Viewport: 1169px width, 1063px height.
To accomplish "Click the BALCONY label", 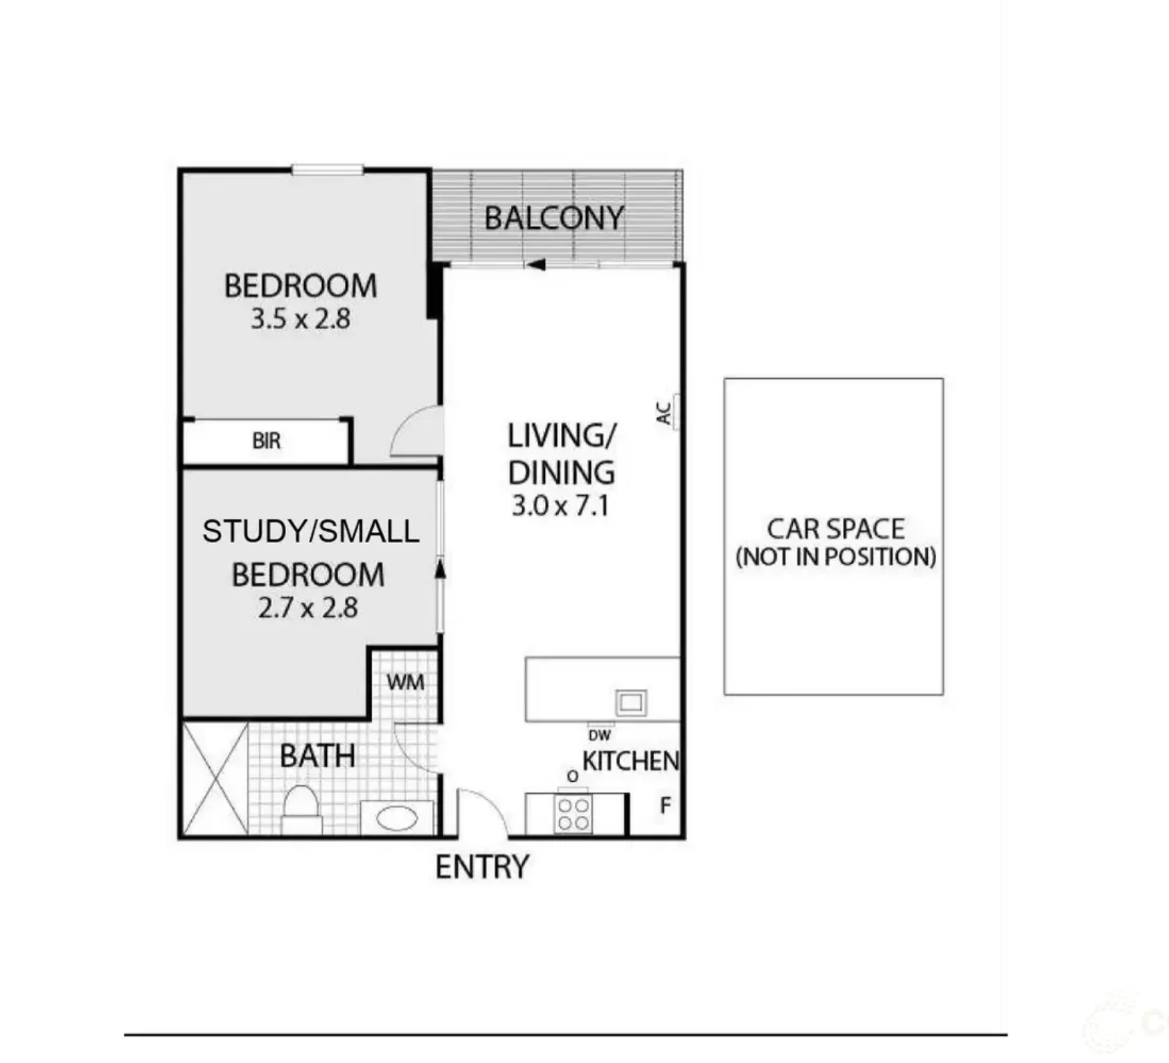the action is pos(554,218).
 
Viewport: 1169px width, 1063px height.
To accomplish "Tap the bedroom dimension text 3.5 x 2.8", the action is pos(301,319).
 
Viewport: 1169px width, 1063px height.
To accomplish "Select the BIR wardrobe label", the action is pos(267,440).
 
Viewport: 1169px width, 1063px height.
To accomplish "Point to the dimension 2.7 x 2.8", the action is pos(308,608).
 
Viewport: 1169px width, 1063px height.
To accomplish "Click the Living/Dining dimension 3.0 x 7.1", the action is pos(560,506).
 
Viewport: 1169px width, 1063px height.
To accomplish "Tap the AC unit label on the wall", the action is pos(663,413).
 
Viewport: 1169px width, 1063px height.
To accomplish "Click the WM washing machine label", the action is pos(405,682).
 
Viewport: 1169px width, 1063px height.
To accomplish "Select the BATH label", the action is pos(317,756).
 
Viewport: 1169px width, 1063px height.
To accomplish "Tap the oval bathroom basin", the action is pos(397,819).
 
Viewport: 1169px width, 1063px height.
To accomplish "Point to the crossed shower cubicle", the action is pos(215,778).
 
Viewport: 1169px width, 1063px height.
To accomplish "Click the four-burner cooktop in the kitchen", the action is pos(573,814).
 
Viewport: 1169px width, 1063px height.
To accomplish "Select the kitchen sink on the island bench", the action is pos(631,703).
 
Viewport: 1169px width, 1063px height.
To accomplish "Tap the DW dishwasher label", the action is pos(599,735).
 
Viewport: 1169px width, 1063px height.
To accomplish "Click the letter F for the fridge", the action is pos(666,805).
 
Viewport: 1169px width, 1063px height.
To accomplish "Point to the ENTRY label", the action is pos(482,867).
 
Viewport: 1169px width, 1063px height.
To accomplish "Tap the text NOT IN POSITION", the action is pos(836,557).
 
